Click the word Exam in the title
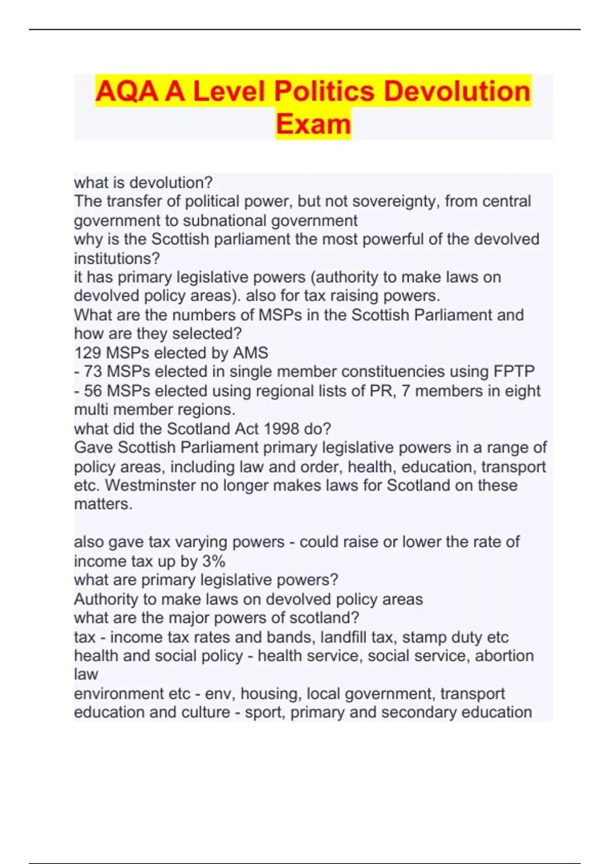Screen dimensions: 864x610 (x=313, y=124)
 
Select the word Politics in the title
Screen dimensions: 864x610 (x=325, y=91)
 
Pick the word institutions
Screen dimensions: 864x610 (x=117, y=258)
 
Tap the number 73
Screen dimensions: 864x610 (x=93, y=372)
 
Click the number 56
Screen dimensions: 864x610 (x=93, y=391)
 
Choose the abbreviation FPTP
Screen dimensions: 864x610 (x=514, y=372)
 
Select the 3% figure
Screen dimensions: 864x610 (x=213, y=561)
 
